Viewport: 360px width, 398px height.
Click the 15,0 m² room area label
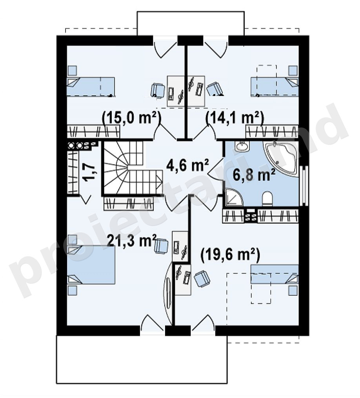click(x=132, y=118)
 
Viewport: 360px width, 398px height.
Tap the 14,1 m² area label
click(x=235, y=118)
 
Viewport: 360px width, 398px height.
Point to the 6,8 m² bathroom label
click(x=254, y=175)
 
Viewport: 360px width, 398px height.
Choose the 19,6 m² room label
click(x=231, y=255)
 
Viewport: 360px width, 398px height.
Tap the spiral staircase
click(x=132, y=168)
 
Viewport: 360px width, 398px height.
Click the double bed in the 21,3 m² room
click(x=91, y=264)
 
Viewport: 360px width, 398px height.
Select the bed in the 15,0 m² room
click(x=91, y=87)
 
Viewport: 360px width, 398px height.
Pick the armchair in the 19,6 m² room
click(x=202, y=279)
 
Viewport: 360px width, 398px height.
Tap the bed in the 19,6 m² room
click(x=275, y=274)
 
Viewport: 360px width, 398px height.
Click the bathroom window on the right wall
click(x=304, y=185)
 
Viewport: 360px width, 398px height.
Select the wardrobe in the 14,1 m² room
click(x=272, y=132)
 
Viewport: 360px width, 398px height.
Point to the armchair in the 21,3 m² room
click(x=161, y=246)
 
